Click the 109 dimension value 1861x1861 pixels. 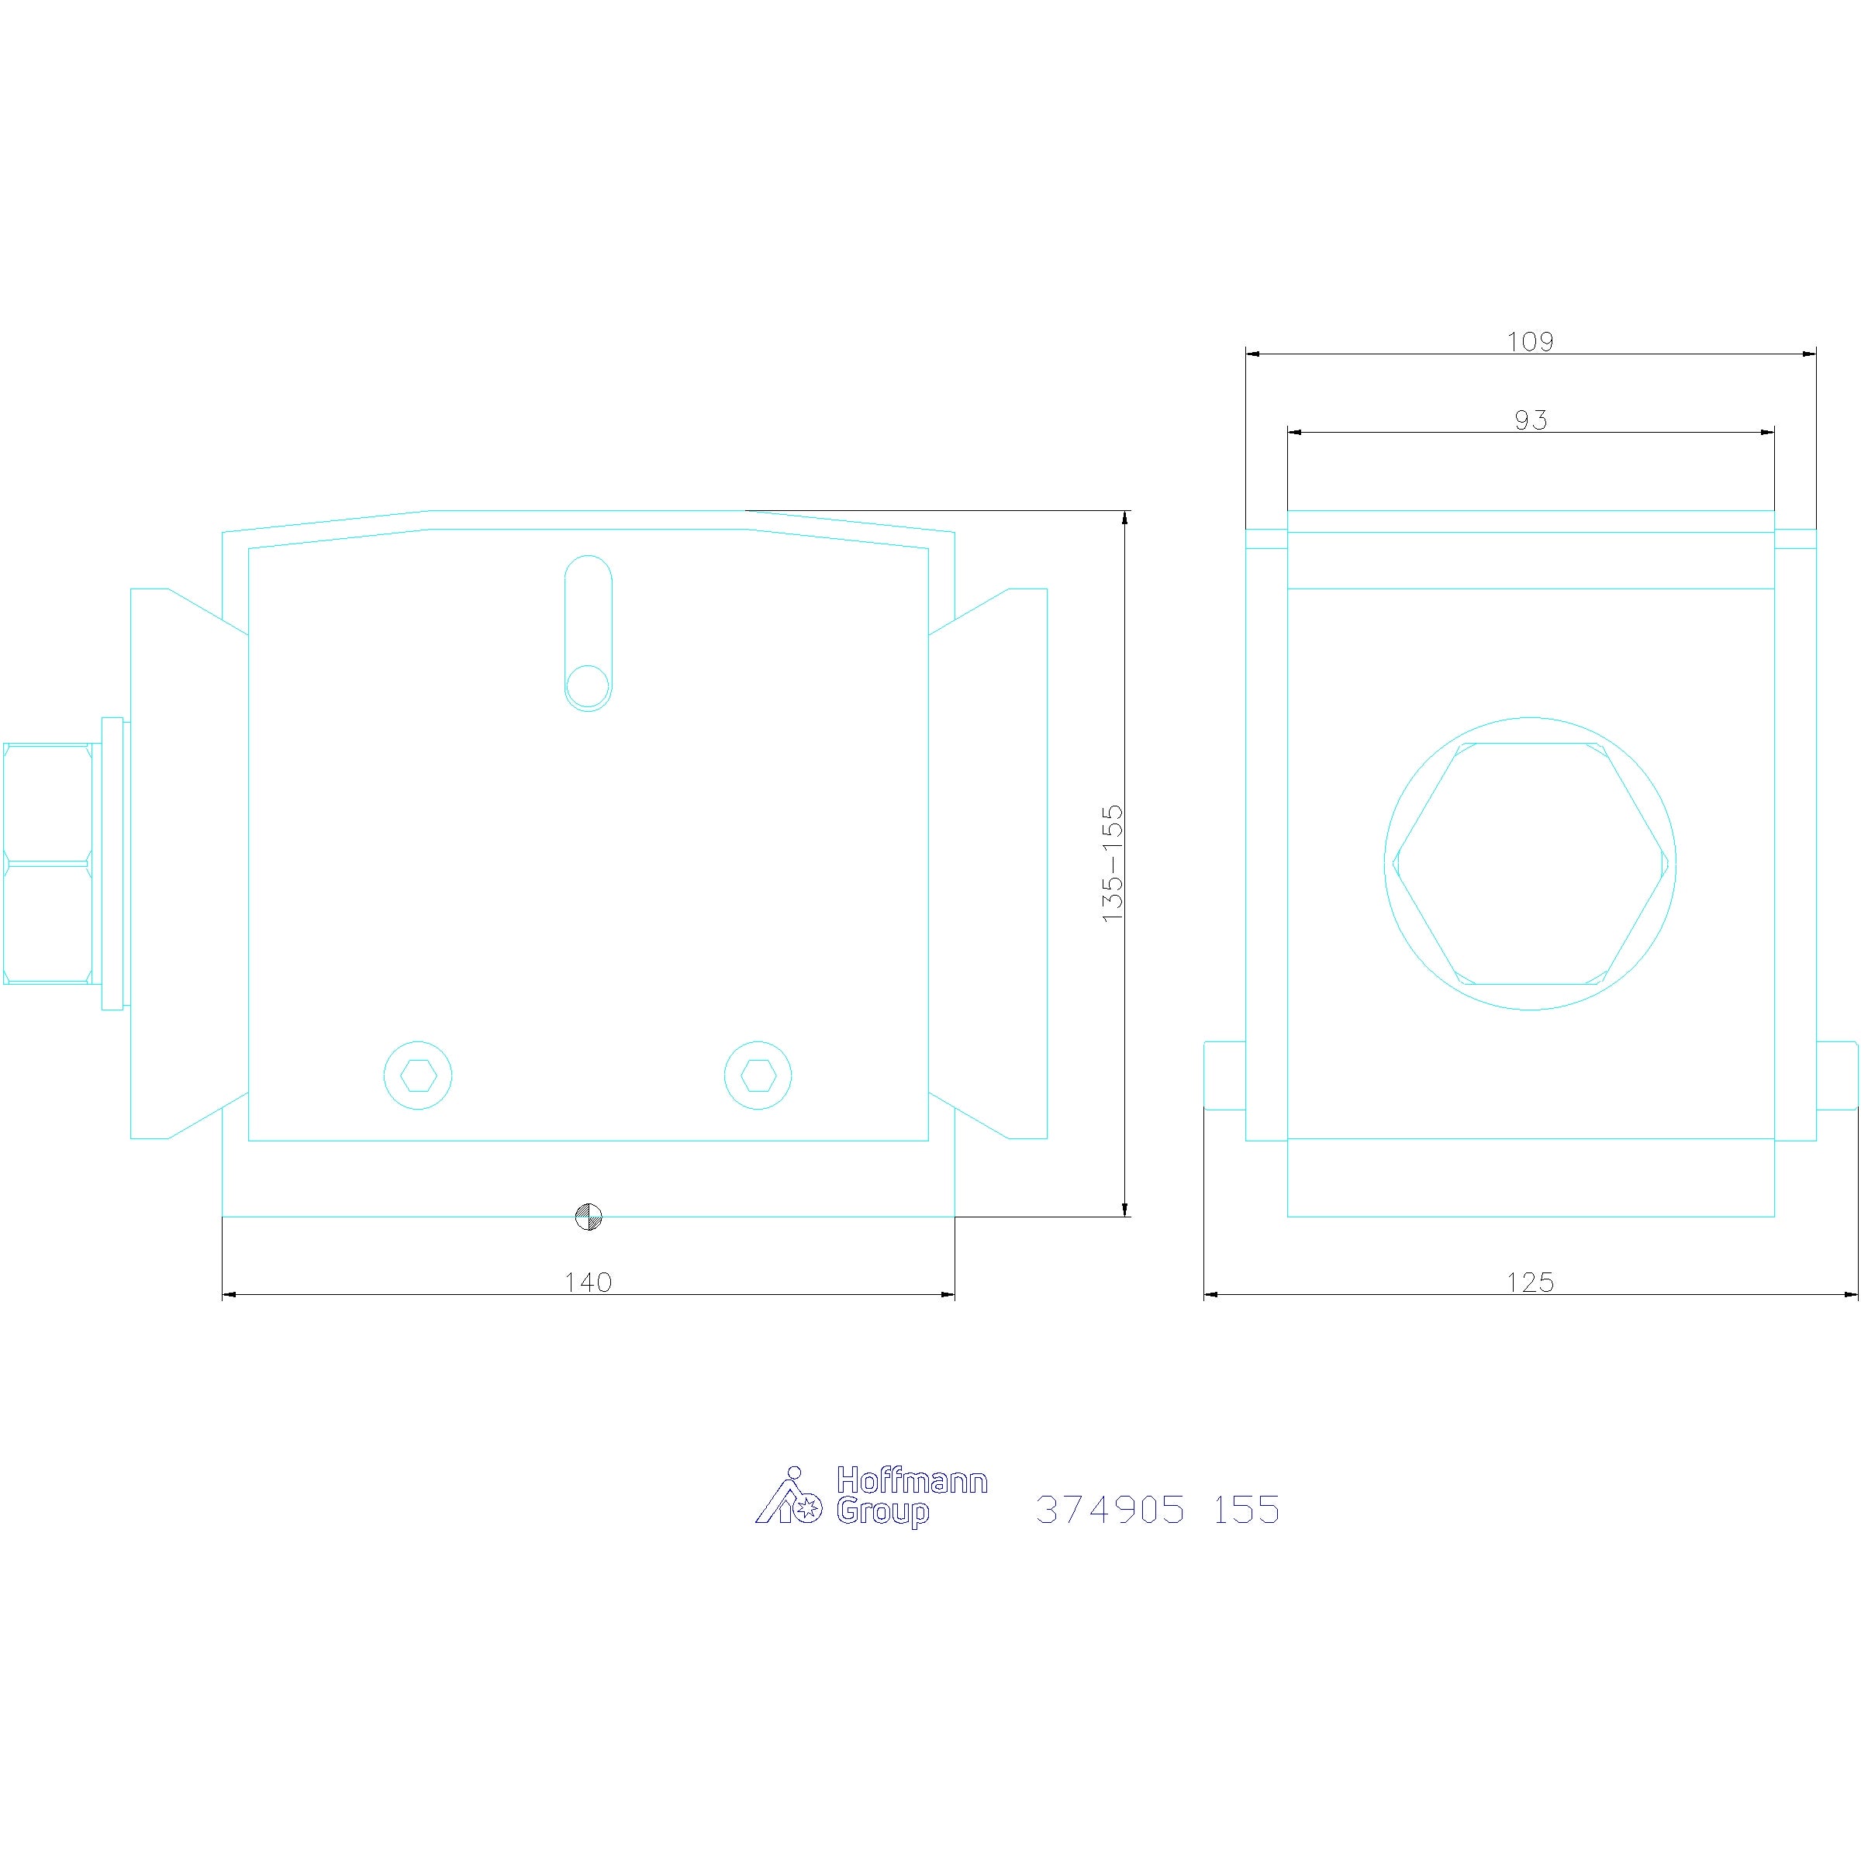[x=1531, y=341]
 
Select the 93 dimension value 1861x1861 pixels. [x=1531, y=420]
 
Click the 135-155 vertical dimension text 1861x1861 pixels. [x=1113, y=863]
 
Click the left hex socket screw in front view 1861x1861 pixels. [x=418, y=1075]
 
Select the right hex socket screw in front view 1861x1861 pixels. [x=758, y=1075]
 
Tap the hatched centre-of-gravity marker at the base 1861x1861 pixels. [x=588, y=1217]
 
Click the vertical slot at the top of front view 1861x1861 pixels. [x=588, y=633]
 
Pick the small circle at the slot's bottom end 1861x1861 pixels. [x=588, y=687]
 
